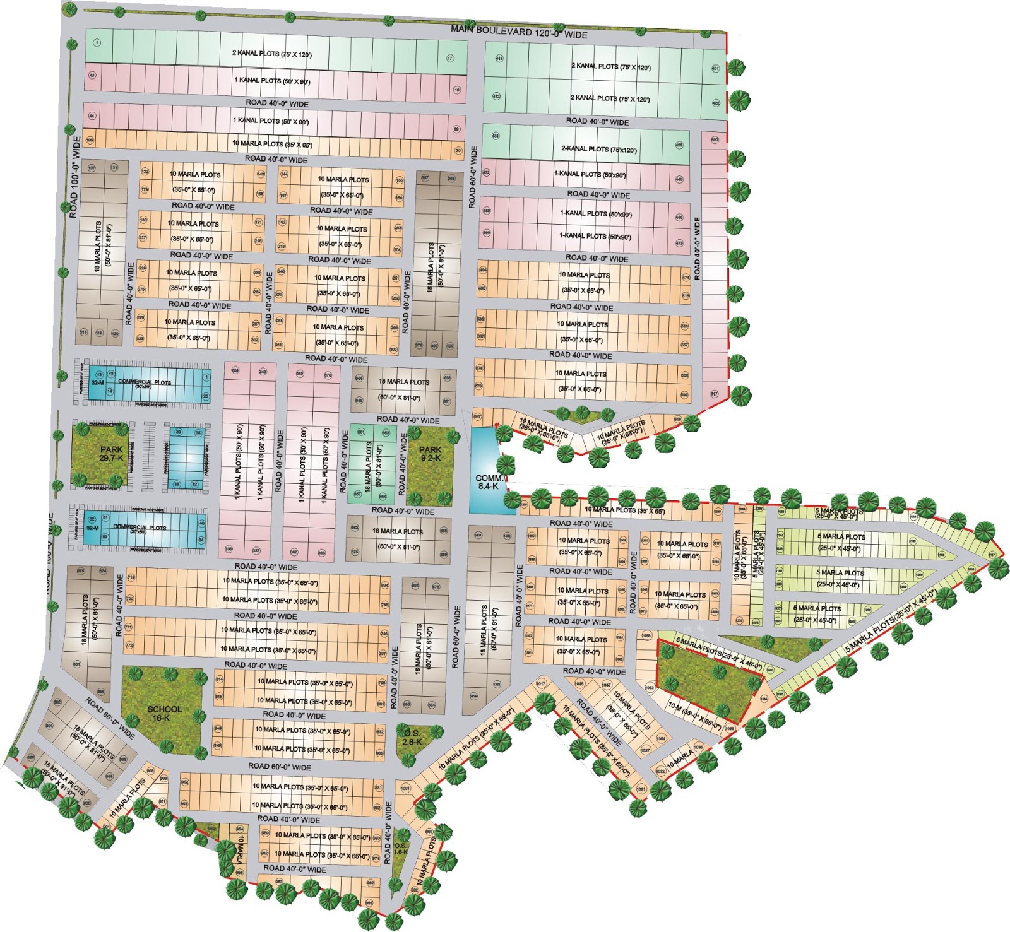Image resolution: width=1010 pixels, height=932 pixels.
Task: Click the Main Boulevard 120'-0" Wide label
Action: pos(519,32)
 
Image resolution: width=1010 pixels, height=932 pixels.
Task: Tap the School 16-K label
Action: pos(165,714)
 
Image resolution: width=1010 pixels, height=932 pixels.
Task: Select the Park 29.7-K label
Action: pos(111,454)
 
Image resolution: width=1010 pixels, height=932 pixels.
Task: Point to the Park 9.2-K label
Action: pos(431,454)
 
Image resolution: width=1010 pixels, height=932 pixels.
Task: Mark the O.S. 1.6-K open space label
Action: pos(401,849)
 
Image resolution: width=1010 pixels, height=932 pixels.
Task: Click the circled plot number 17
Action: pos(450,58)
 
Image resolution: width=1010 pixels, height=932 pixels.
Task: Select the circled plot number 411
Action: pos(499,58)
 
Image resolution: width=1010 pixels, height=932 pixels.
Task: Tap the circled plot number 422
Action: pos(716,103)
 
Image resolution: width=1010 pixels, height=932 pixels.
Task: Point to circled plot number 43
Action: pos(92,75)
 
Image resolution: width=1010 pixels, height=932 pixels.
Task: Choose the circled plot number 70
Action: pos(458,151)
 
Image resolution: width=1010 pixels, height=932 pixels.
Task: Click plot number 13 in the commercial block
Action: pos(98,375)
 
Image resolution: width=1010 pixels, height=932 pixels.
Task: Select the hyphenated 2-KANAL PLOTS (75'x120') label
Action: pos(599,150)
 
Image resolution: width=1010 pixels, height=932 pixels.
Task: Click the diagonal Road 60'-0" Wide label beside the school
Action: pos(110,718)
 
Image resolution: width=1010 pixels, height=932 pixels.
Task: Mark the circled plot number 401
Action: pos(715,69)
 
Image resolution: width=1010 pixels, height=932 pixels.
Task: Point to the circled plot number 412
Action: pos(496,97)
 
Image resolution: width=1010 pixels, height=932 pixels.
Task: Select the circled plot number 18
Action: pos(457,90)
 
